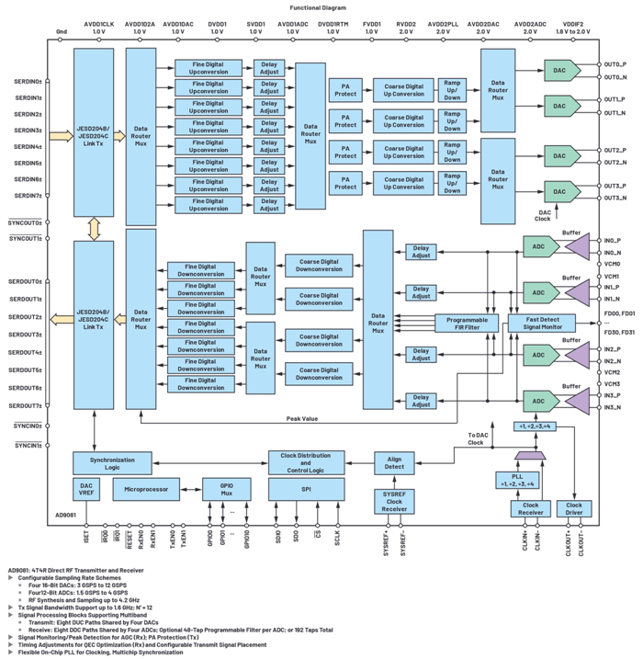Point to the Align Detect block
(x=394, y=461)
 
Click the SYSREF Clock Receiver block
(x=394, y=502)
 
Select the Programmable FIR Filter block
(x=467, y=323)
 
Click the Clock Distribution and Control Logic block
(x=306, y=461)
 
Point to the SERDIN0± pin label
(x=28, y=82)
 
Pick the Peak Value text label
(x=301, y=418)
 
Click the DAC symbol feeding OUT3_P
(x=559, y=191)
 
